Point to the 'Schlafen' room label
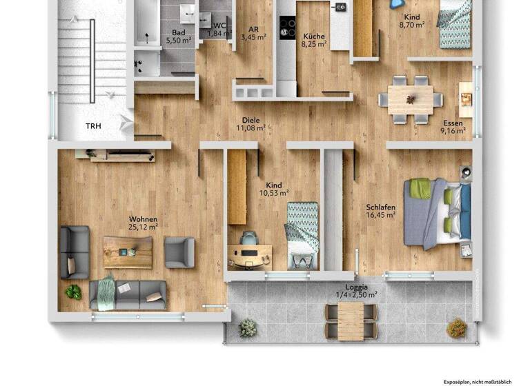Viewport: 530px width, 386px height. [380, 207]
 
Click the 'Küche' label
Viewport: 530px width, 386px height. [312, 37]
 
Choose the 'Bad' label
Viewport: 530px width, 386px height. [178, 32]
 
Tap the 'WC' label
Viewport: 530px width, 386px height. [219, 26]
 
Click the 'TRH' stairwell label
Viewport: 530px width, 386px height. [93, 126]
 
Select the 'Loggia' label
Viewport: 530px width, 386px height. [356, 287]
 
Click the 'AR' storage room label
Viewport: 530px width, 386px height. [253, 29]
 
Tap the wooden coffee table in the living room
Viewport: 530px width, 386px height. [128, 252]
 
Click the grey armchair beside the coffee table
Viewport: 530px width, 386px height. [179, 252]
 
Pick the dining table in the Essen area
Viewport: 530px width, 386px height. [411, 99]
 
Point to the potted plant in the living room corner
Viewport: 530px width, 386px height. [73, 292]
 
